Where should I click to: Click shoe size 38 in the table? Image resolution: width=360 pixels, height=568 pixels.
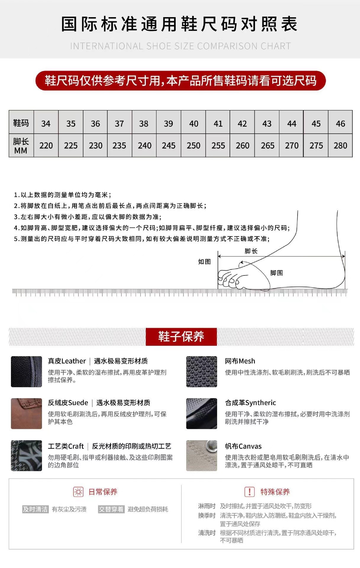144,123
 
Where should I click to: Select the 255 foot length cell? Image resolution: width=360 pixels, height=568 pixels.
218,146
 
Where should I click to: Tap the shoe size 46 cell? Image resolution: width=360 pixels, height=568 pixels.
340,123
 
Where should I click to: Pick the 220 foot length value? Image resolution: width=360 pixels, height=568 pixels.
46,146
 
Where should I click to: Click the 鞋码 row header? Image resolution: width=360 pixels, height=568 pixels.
21,123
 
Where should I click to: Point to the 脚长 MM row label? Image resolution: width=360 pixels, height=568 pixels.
21,146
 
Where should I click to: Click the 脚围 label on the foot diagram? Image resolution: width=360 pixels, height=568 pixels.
277,273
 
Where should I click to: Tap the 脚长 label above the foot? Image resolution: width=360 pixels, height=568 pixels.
251,251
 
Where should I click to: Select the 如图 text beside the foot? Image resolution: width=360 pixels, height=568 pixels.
204,262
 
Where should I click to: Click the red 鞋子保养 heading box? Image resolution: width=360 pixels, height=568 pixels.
181,337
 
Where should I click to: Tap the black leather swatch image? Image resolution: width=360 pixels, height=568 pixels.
26,372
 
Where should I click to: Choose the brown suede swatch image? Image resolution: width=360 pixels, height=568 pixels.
26,414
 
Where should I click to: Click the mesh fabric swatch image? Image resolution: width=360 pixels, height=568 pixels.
201,372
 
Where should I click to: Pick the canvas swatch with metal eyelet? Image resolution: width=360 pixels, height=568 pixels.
201,456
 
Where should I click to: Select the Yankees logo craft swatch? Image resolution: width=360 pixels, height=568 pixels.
26,456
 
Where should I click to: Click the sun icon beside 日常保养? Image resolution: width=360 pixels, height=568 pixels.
78,492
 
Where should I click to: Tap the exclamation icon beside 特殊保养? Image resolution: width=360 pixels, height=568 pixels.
249,492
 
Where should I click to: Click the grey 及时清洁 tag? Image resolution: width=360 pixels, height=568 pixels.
35,509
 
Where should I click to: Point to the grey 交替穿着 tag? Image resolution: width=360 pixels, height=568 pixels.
111,509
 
